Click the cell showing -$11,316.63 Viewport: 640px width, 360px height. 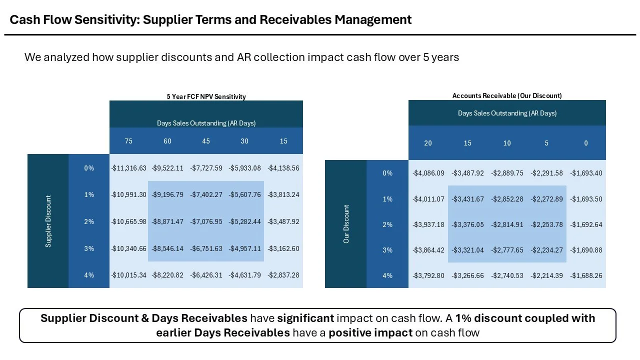128,168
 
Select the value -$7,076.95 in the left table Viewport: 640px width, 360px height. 206,221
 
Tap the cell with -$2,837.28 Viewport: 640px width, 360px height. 283,275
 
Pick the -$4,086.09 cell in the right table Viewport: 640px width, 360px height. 428,173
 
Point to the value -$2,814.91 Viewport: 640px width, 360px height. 507,225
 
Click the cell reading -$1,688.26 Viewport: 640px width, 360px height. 586,275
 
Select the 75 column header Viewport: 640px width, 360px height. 128,141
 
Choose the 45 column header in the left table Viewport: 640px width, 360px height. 206,141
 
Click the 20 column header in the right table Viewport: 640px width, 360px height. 428,143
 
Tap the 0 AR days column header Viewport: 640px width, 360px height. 586,143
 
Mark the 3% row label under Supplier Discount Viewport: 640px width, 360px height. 89,248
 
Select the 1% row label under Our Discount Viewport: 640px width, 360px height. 387,199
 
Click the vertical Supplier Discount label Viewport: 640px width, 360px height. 48,221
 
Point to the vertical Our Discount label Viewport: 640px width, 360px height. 346,224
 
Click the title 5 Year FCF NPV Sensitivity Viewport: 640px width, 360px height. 206,97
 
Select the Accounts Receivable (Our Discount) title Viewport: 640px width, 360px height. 507,95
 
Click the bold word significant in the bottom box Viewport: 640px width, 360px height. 305,318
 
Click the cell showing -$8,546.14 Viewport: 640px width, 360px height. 167,248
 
